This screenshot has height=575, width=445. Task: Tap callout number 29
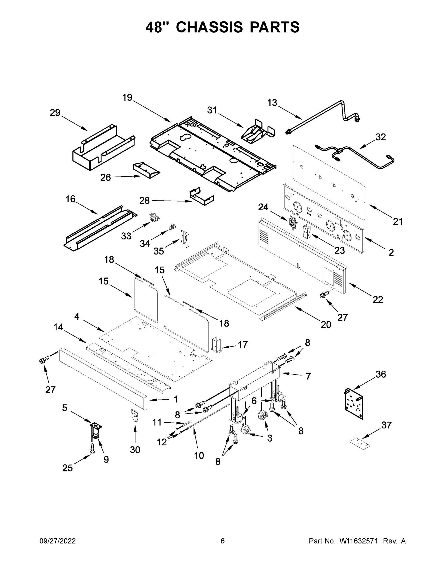pyautogui.click(x=55, y=113)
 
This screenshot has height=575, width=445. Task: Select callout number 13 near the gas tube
pyautogui.click(x=272, y=103)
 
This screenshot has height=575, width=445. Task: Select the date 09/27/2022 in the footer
pyautogui.click(x=58, y=541)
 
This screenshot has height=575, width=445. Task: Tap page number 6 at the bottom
pyautogui.click(x=223, y=541)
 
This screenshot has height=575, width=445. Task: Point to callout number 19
pyautogui.click(x=127, y=98)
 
